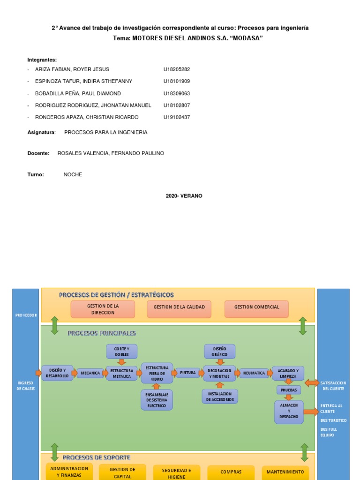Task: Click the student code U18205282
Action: [177, 69]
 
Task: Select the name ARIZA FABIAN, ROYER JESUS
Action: [72, 69]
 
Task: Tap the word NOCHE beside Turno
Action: [73, 174]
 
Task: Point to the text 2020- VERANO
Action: [184, 196]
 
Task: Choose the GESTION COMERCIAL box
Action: [256, 307]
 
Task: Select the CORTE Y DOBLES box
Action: [122, 352]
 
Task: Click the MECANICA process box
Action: [90, 373]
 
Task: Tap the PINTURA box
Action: [188, 373]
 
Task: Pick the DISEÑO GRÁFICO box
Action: [219, 352]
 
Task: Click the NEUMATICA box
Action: [254, 373]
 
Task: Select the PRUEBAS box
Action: [289, 390]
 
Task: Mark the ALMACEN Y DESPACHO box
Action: [289, 412]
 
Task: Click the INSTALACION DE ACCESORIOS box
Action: [220, 397]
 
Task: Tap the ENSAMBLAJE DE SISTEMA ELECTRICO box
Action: [157, 400]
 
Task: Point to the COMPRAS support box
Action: [231, 472]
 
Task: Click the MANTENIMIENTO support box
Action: [285, 472]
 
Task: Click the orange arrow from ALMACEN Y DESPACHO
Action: [311, 412]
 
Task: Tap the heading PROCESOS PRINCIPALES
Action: [102, 333]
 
